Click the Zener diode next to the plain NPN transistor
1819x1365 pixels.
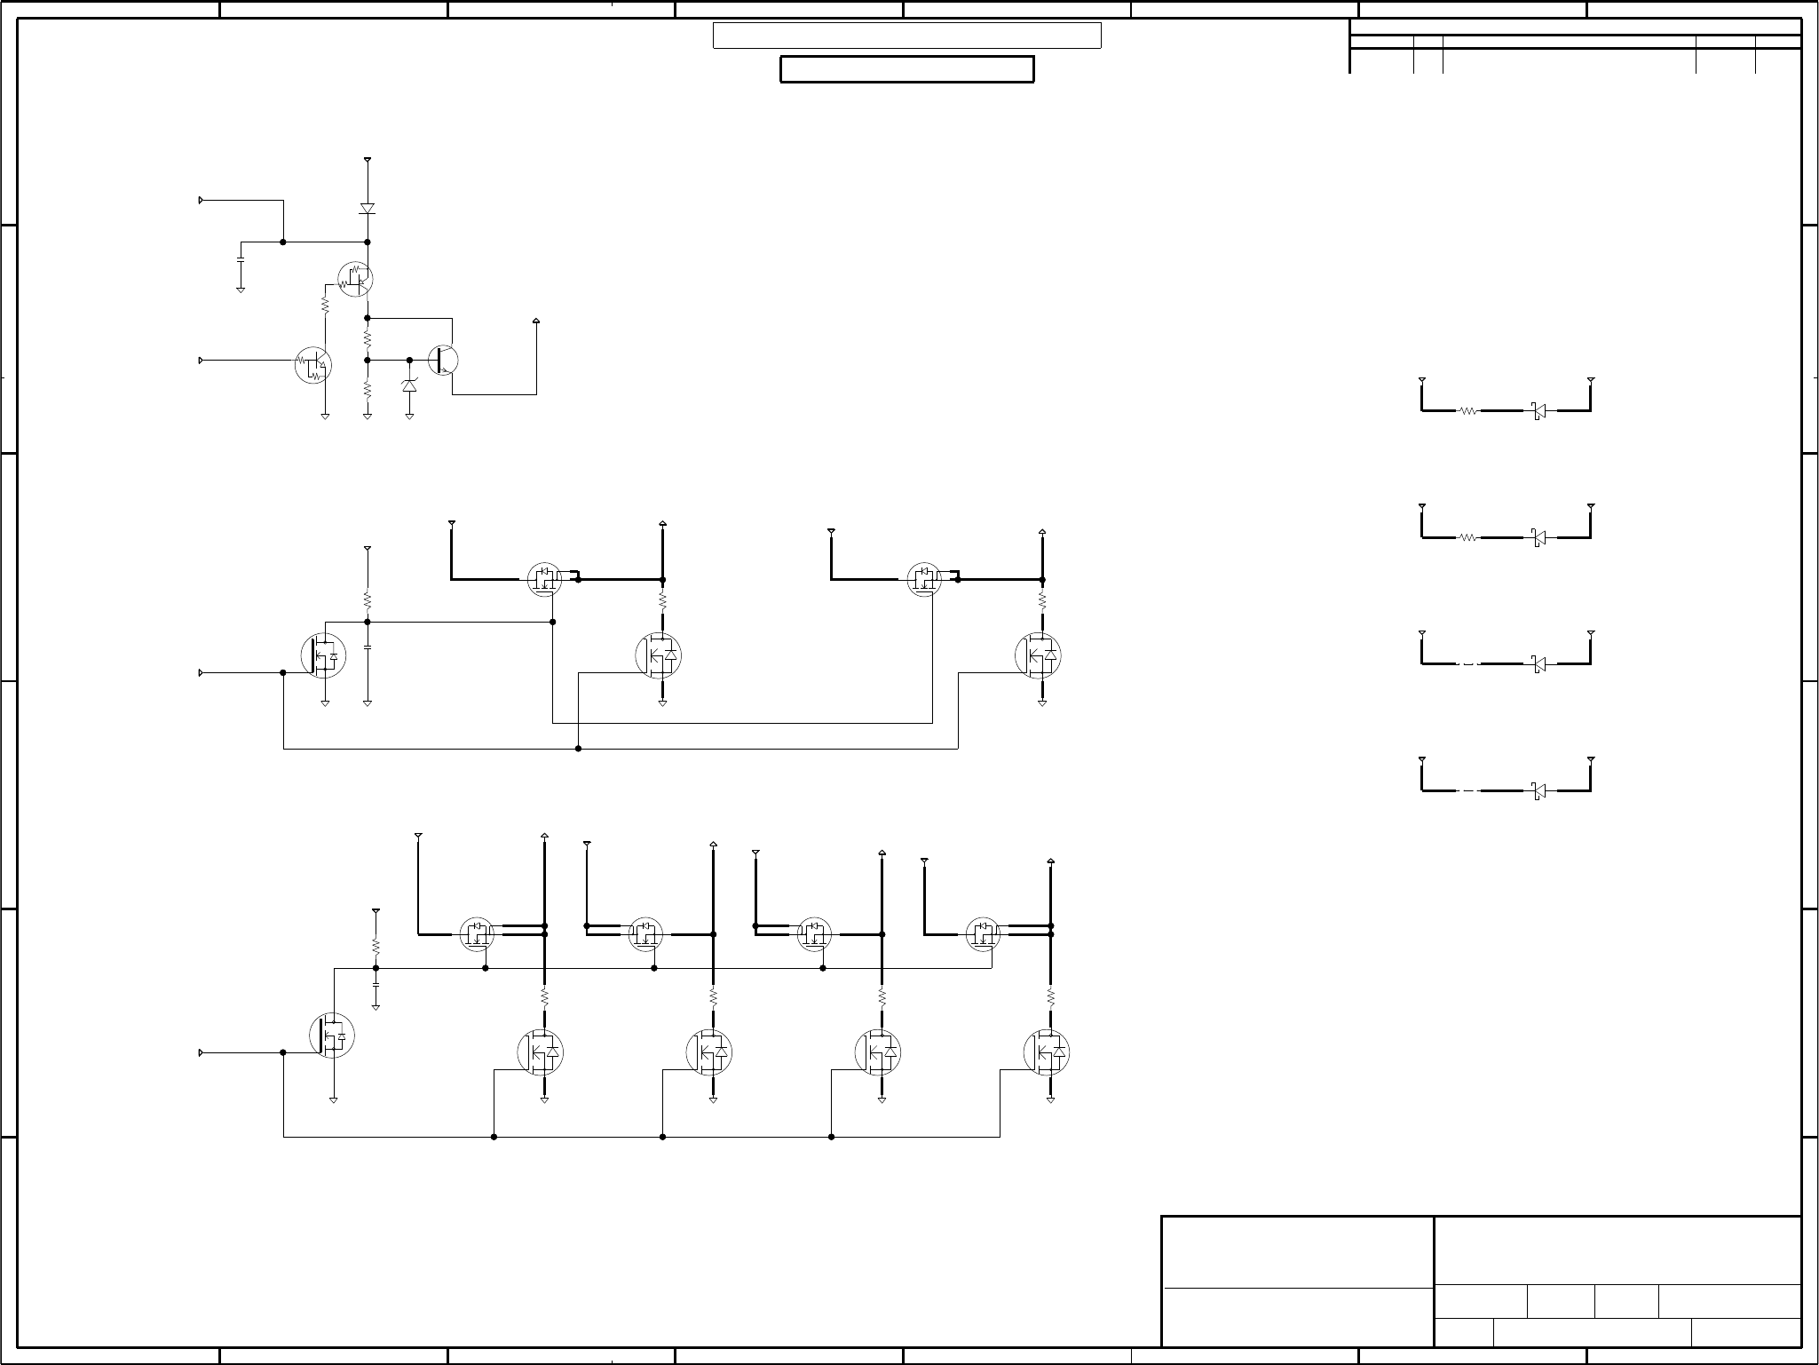[409, 385]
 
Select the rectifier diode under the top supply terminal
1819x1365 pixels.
[368, 209]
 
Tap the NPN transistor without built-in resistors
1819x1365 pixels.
[444, 361]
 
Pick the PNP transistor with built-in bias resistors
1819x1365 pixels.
[356, 279]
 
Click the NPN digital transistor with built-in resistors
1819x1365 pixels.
[312, 365]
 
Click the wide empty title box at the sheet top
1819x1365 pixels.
[906, 36]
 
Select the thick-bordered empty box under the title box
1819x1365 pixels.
[906, 69]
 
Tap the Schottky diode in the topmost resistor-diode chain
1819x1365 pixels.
[1538, 411]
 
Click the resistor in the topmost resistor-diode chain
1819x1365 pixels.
[1468, 411]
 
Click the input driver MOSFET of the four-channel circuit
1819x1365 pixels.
[332, 1035]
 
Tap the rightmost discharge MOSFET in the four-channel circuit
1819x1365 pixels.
[1047, 1052]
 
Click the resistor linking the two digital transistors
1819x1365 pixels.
[325, 305]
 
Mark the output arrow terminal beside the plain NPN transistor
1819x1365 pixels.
[536, 321]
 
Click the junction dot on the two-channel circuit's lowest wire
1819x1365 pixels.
[578, 749]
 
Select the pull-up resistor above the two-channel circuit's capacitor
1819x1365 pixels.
[368, 599]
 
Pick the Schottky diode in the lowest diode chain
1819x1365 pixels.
[1538, 790]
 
